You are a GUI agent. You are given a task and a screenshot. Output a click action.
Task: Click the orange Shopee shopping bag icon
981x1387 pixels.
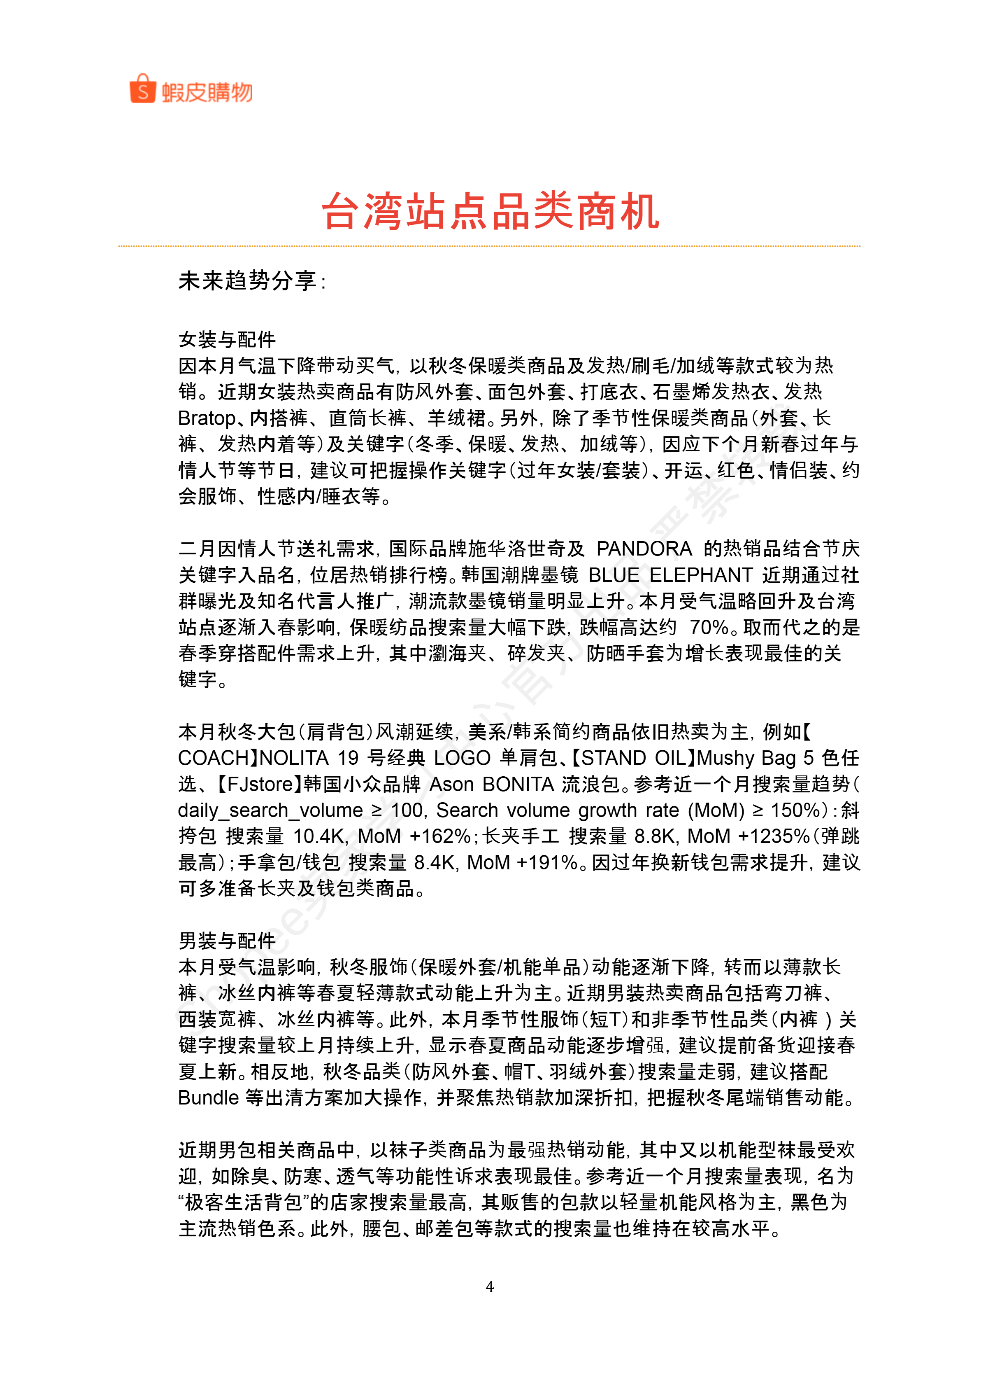click(142, 89)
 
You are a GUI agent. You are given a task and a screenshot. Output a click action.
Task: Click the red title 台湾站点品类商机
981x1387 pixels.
click(490, 212)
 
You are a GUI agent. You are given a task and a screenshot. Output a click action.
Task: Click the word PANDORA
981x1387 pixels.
click(644, 549)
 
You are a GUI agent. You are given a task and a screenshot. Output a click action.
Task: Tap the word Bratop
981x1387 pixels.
click(207, 418)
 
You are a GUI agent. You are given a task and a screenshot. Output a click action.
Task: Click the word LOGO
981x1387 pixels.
click(462, 758)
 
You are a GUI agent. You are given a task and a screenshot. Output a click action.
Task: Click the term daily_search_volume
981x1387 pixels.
click(270, 810)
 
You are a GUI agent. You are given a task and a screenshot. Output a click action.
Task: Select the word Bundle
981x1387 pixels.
click(208, 1097)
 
